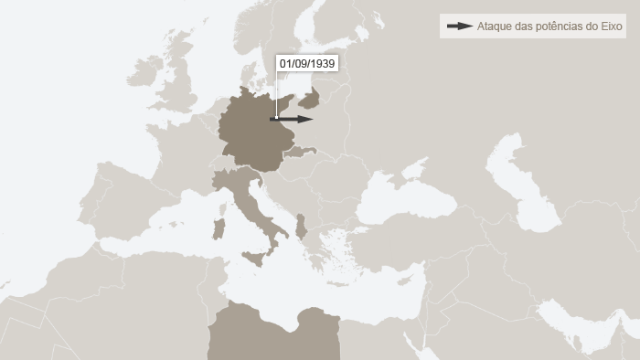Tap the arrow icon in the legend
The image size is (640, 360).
[459, 26]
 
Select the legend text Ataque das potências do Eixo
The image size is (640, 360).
[549, 26]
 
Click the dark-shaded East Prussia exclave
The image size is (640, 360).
[311, 98]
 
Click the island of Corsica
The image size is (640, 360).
[220, 201]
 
